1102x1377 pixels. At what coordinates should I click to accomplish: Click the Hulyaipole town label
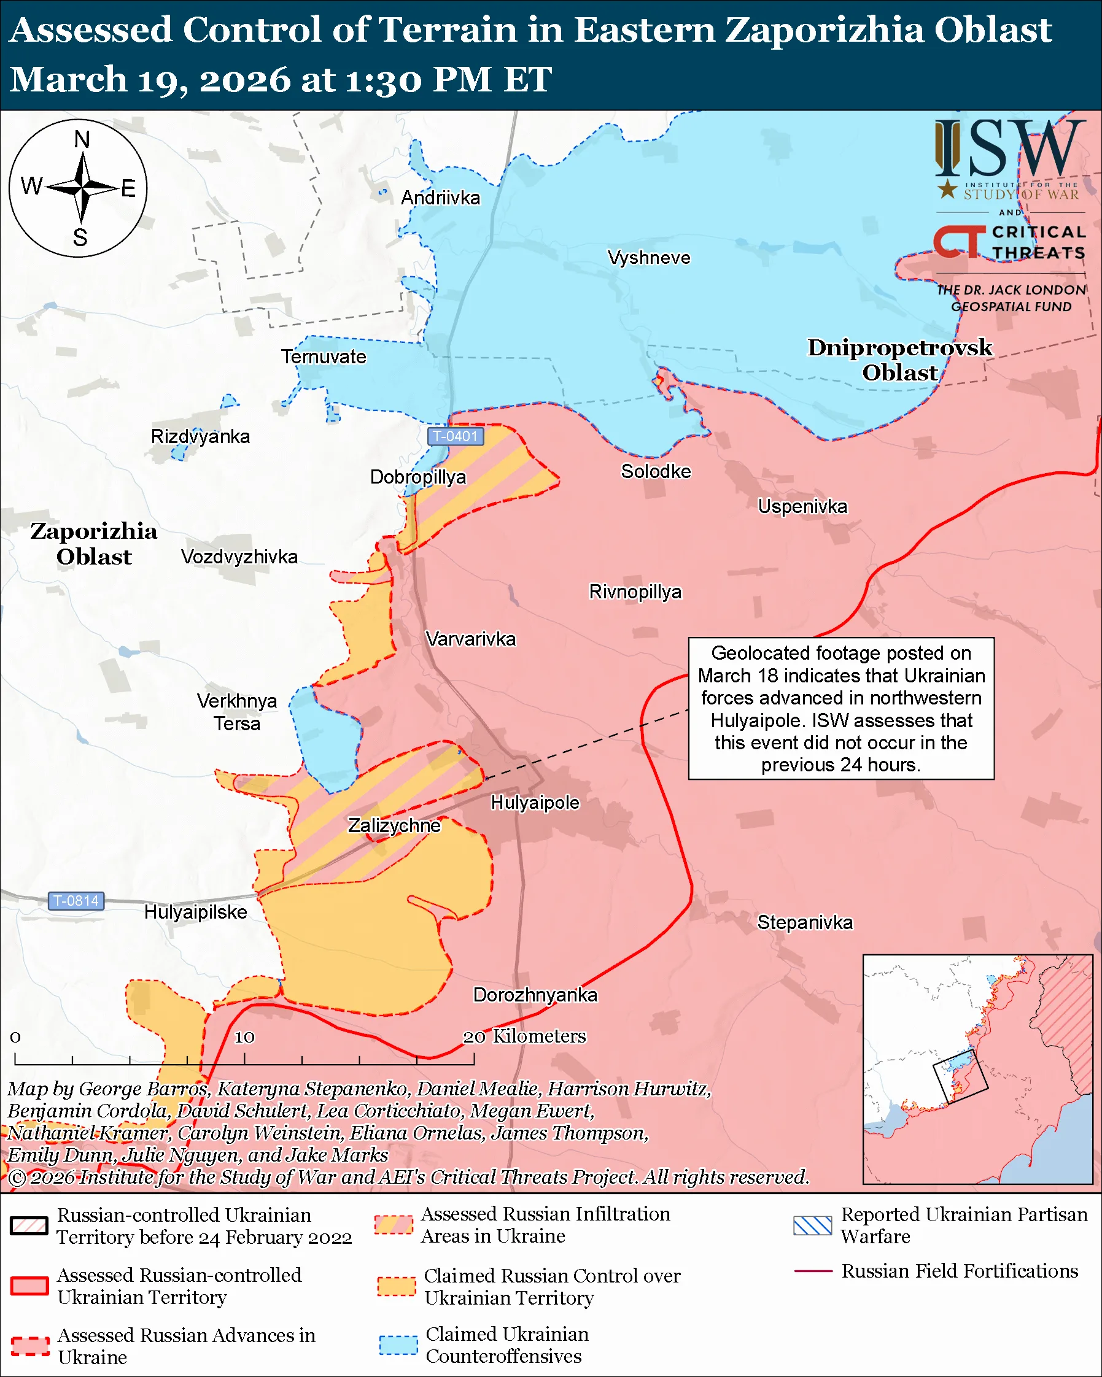[535, 802]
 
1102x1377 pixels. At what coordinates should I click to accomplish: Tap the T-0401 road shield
[455, 436]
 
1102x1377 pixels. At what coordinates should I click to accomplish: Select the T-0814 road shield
[76, 901]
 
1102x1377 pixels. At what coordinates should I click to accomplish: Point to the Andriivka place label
[440, 198]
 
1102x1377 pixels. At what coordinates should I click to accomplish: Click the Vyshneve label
[648, 258]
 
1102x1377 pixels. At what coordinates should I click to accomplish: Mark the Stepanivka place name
[804, 922]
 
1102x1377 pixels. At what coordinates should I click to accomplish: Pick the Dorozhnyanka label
[535, 995]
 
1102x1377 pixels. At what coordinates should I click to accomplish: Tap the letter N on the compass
[82, 139]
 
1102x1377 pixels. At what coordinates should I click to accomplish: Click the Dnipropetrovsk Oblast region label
[899, 360]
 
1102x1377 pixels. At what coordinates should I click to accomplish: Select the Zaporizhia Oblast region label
[94, 544]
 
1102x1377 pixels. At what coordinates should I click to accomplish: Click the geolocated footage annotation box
[840, 708]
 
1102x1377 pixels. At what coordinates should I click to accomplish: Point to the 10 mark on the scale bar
[244, 1036]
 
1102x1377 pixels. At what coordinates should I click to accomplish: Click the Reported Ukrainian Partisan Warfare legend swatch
[812, 1225]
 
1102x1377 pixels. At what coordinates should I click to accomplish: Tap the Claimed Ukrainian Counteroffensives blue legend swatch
[398, 1345]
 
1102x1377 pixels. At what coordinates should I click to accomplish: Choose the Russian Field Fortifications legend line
[813, 1271]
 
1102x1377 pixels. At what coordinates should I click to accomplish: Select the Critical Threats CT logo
[958, 241]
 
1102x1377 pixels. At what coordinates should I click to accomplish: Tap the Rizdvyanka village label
[200, 437]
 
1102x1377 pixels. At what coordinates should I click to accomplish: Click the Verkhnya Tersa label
[236, 712]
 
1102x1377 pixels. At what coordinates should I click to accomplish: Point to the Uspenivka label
[802, 506]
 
